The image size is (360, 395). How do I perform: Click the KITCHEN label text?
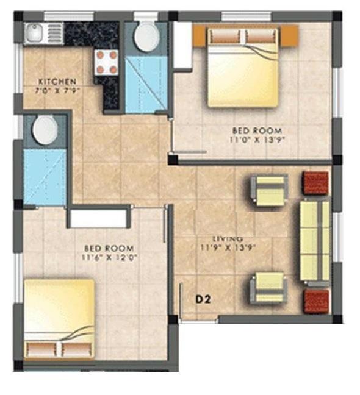pyautogui.click(x=57, y=82)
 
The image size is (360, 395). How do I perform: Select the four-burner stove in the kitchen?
pyautogui.click(x=106, y=61)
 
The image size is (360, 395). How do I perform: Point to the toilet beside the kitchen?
pyautogui.click(x=145, y=37)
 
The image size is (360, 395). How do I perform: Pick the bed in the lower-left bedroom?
pyautogui.click(x=59, y=320)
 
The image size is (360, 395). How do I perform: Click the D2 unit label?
pyautogui.click(x=203, y=299)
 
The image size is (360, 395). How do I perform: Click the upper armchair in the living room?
pyautogui.click(x=268, y=190)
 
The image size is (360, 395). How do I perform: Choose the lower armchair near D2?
pyautogui.click(x=268, y=288)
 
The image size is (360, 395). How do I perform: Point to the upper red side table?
pyautogui.click(x=316, y=182)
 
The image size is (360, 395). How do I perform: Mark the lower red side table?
pyautogui.click(x=316, y=300)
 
